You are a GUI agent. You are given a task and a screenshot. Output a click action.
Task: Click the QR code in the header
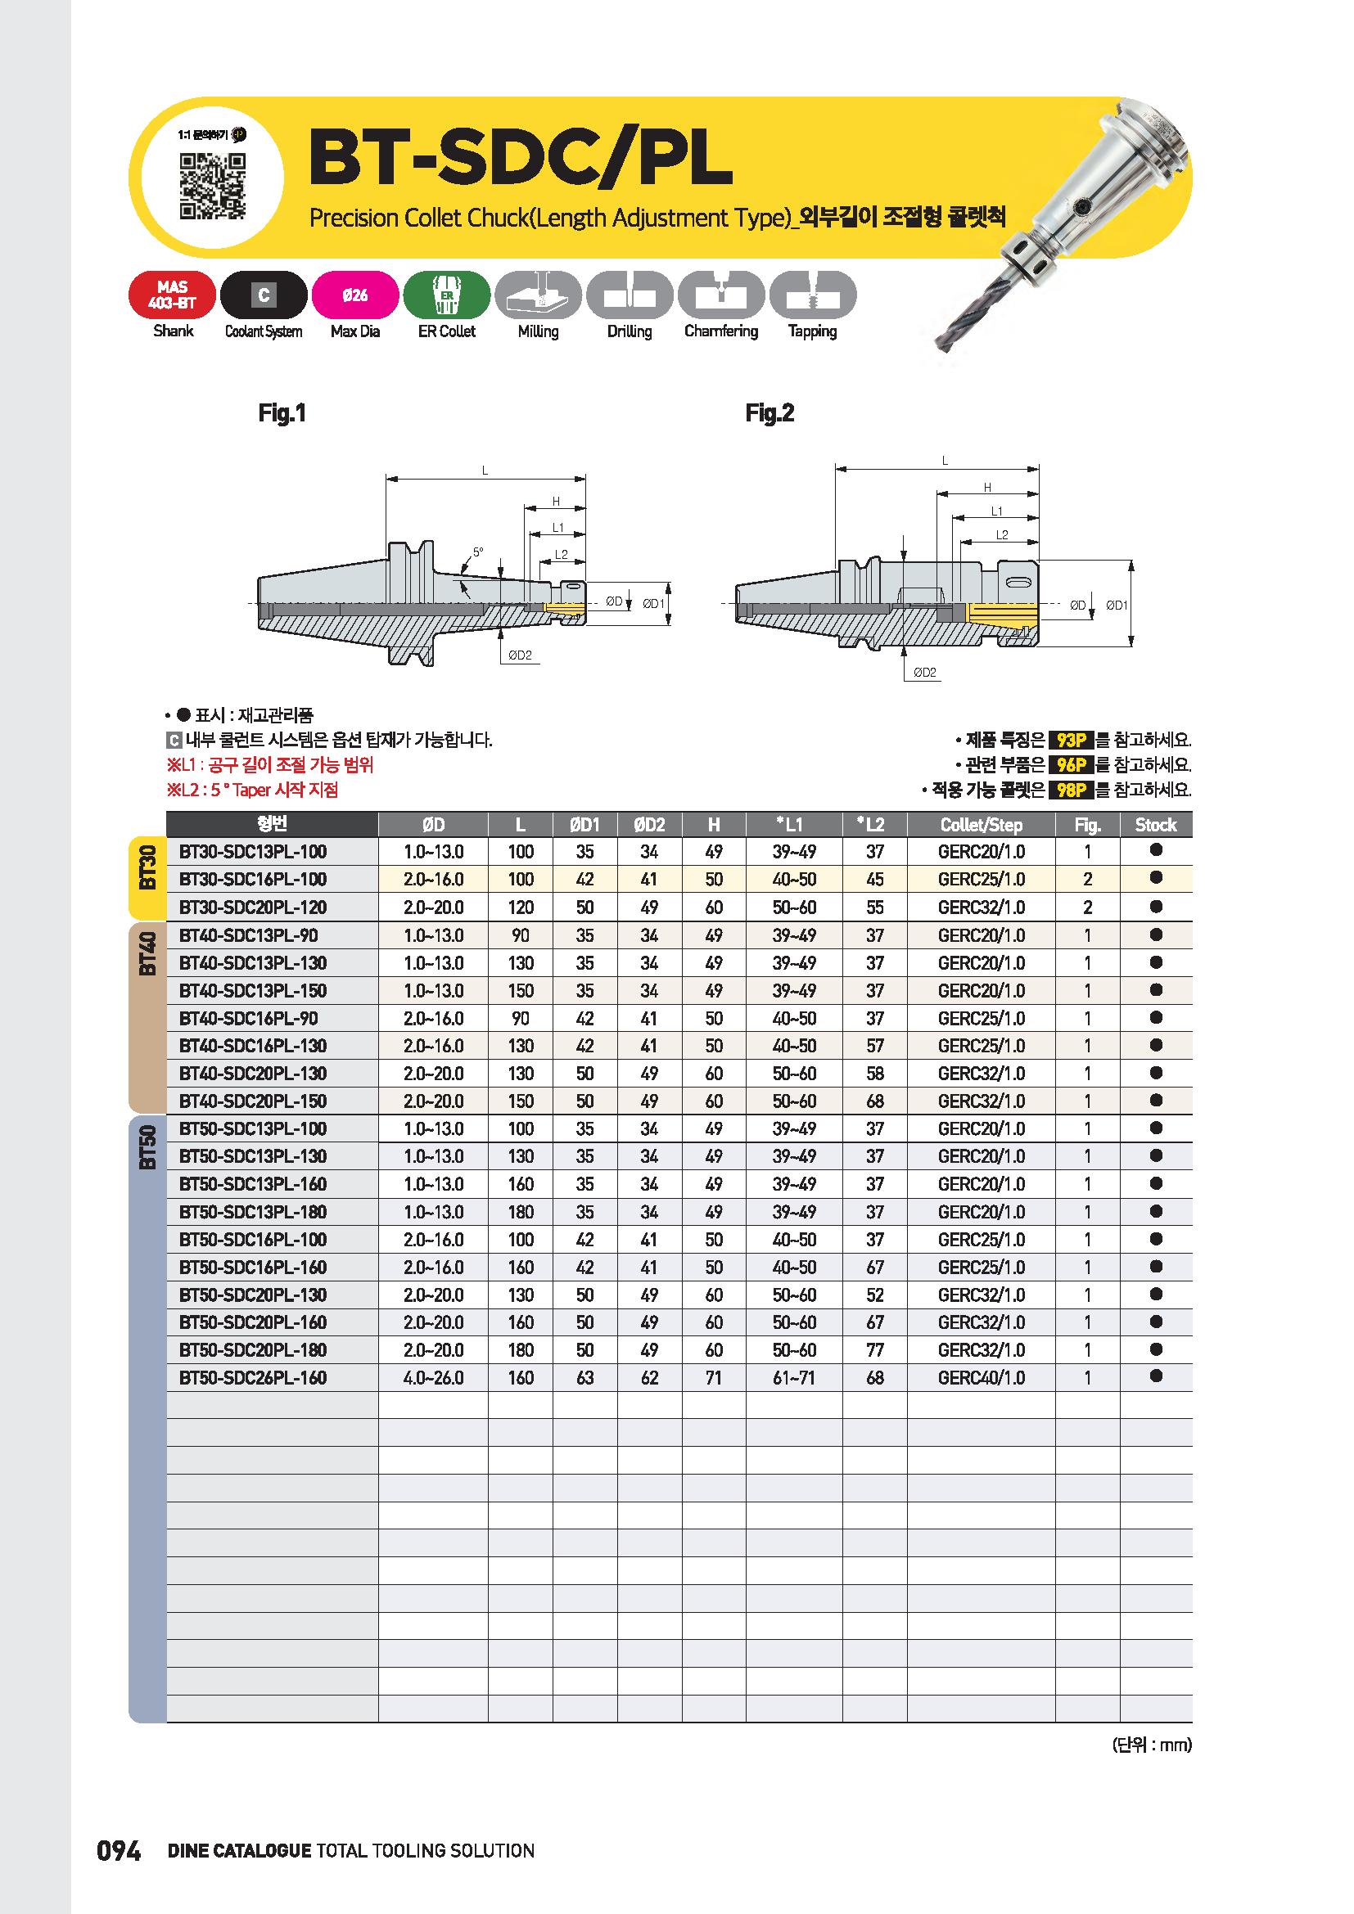[x=213, y=185]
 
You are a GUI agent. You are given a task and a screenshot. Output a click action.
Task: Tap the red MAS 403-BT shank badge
[x=172, y=295]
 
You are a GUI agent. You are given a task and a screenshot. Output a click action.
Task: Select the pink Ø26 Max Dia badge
[x=355, y=295]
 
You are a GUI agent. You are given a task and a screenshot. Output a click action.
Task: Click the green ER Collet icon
[x=447, y=295]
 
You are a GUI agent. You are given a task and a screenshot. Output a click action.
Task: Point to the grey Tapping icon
[x=812, y=295]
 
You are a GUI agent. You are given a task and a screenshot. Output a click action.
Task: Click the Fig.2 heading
[x=769, y=412]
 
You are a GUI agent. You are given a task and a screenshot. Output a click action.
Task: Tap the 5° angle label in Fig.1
[x=478, y=552]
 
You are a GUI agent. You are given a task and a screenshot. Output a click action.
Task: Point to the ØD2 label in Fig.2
[x=923, y=672]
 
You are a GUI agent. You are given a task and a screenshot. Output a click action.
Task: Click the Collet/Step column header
[x=981, y=825]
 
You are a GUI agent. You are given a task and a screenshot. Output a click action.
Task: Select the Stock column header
[x=1155, y=825]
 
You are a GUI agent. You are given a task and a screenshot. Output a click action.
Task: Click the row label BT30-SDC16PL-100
[x=253, y=880]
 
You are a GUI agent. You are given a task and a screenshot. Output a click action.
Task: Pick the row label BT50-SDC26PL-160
[x=253, y=1378]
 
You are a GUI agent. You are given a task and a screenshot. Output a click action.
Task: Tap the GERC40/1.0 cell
[x=981, y=1378]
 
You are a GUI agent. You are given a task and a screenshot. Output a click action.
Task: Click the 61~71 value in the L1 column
[x=794, y=1378]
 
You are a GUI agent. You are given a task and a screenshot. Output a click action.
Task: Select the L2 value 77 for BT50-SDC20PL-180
[x=874, y=1350]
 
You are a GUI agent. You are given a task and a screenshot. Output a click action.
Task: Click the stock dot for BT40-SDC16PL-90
[x=1156, y=1018]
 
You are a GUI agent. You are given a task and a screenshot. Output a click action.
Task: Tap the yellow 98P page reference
[x=1071, y=790]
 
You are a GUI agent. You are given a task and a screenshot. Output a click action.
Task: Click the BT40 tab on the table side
[x=147, y=952]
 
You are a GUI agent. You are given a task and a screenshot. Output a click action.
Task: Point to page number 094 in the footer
[x=119, y=1851]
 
